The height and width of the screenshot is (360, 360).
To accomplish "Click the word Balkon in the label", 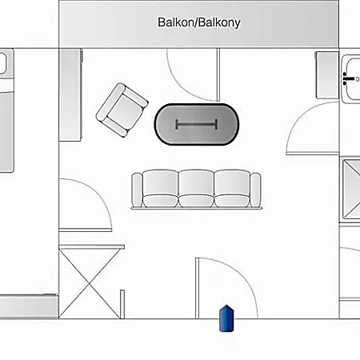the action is [177, 22].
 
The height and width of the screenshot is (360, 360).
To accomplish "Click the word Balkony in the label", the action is [219, 23].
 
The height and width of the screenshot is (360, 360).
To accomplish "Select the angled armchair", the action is [122, 110].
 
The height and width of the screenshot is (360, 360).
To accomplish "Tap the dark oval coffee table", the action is [197, 124].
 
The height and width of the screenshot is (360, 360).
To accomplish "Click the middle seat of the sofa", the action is [196, 188].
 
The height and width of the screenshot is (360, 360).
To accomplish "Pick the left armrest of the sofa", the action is [137, 190].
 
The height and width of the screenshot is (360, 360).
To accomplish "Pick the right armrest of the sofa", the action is [255, 190].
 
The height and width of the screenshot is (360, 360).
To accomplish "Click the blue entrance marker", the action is [226, 318].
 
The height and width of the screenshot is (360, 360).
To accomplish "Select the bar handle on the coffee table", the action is [196, 124].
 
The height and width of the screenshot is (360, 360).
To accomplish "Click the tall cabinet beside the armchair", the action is [70, 94].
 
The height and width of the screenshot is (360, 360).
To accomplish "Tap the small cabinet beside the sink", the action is [327, 75].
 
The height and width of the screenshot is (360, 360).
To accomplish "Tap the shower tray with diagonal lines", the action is [351, 189].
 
